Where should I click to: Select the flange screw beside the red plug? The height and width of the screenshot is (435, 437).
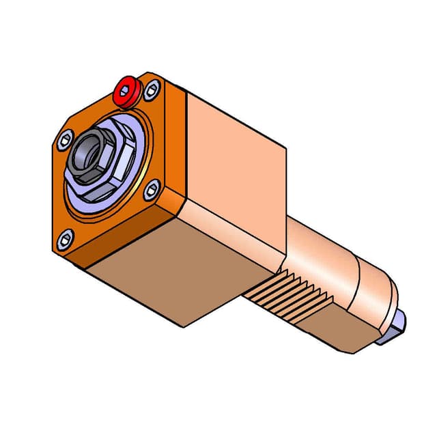click(152, 87)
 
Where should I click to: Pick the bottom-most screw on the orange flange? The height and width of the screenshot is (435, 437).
click(66, 238)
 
